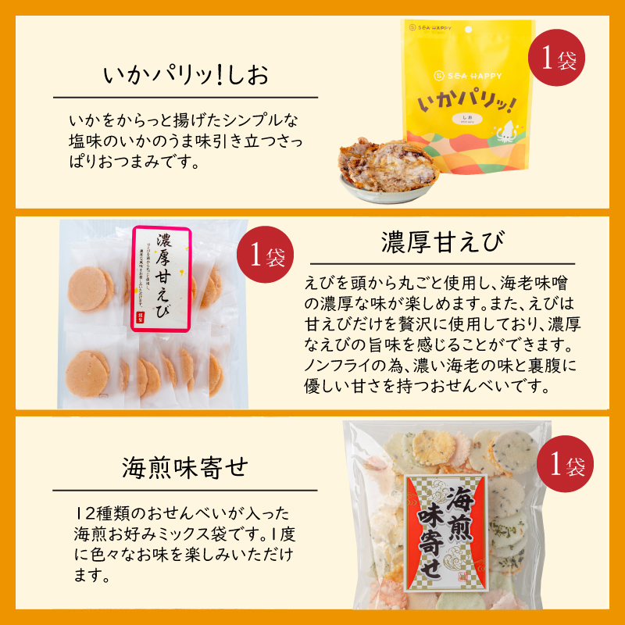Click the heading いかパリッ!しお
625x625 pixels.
coord(184,76)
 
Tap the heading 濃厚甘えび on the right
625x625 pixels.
coord(441,243)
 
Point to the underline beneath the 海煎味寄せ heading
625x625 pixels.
coord(185,491)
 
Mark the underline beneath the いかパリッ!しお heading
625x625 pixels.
coord(185,98)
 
